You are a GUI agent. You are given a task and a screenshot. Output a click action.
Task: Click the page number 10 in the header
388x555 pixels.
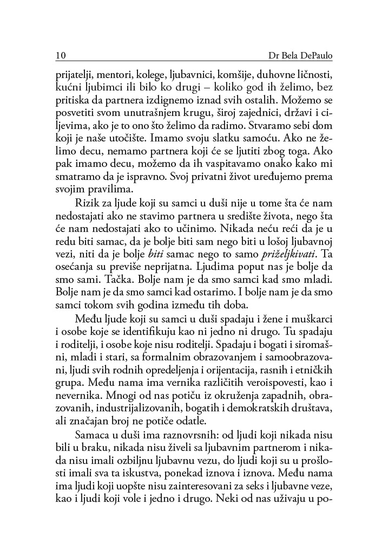(60, 55)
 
